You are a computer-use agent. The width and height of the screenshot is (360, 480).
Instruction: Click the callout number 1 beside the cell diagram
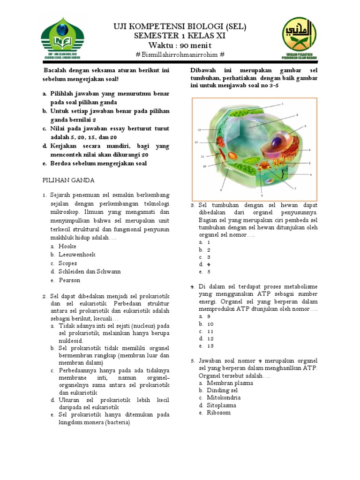283,103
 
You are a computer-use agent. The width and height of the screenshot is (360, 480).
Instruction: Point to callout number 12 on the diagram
197,142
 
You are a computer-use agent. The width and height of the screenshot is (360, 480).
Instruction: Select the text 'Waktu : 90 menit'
180,45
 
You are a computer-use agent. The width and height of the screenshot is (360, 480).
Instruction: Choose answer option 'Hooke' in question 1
67,246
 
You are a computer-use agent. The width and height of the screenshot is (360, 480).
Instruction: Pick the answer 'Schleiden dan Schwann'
90,271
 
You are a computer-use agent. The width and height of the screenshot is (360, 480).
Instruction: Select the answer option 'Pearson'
69,280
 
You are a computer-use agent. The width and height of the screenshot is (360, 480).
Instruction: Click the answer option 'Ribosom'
218,412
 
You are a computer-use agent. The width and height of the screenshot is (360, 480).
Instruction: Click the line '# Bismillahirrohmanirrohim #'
180,55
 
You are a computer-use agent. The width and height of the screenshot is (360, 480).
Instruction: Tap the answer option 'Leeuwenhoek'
77,255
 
